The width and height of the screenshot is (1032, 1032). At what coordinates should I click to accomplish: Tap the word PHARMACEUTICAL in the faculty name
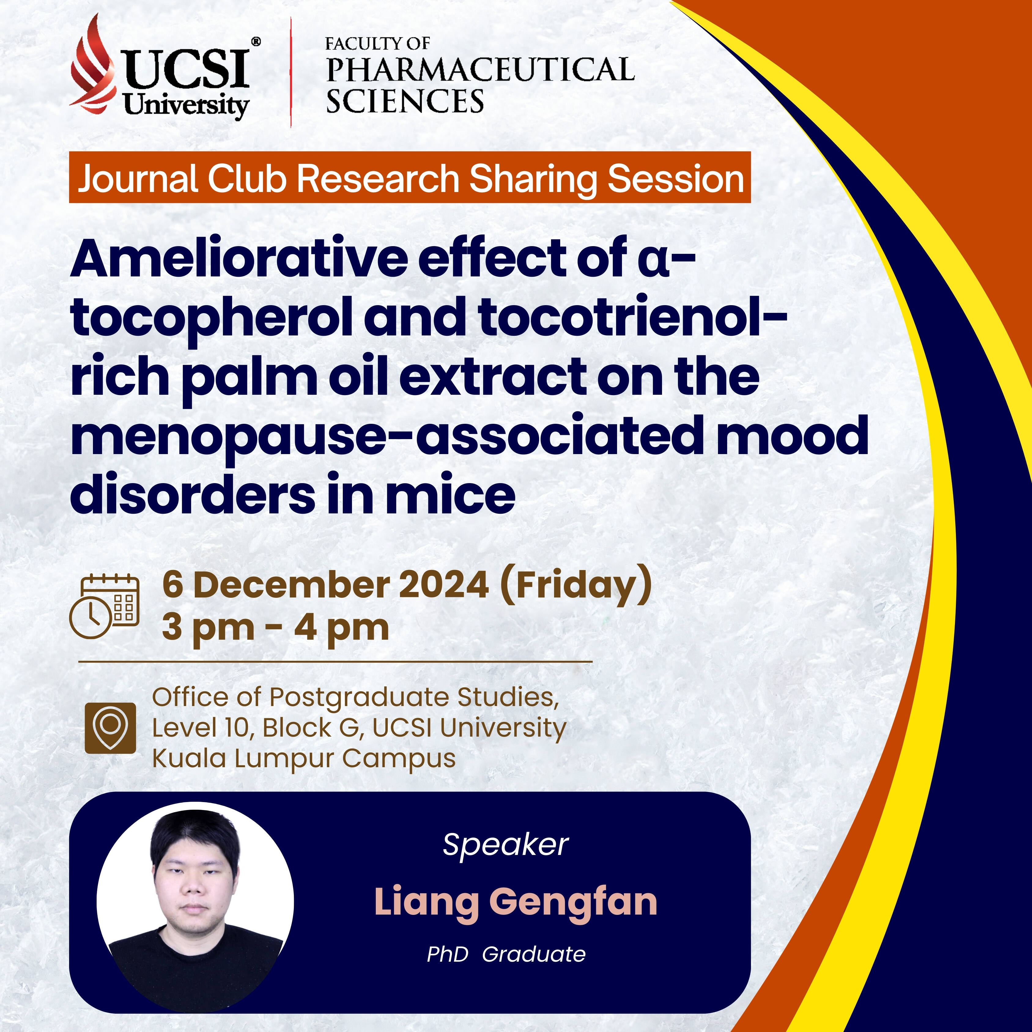tap(480, 69)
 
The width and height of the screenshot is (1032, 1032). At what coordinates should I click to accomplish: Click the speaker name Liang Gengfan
tap(516, 902)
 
